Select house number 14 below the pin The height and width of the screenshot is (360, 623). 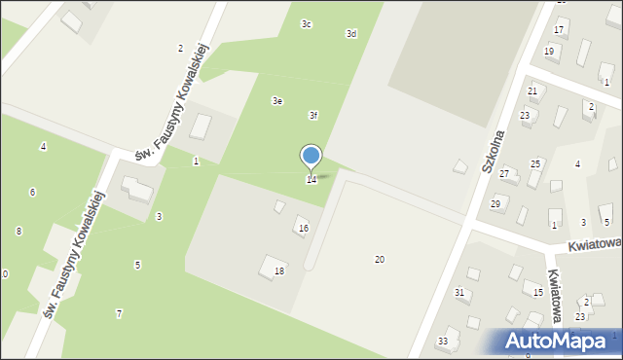tap(311, 180)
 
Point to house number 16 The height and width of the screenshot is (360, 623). tap(304, 229)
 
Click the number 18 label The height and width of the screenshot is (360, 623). tap(279, 271)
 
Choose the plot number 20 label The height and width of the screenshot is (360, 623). tap(380, 259)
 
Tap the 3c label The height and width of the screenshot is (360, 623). tap(307, 23)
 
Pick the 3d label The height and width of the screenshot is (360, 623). tap(351, 33)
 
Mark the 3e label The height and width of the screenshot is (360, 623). tap(277, 100)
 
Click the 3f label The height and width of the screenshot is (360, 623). tap(313, 115)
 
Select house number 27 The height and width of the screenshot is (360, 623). tap(504, 173)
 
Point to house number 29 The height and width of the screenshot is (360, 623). tap(495, 203)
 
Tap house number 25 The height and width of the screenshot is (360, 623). tap(535, 163)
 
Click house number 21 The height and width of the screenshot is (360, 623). tap(532, 90)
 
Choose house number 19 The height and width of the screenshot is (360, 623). tap(550, 51)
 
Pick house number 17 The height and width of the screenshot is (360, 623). tap(560, 31)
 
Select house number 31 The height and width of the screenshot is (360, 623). tap(459, 292)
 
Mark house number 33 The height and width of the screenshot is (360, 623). tap(443, 341)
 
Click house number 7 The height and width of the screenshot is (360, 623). tap(119, 313)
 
